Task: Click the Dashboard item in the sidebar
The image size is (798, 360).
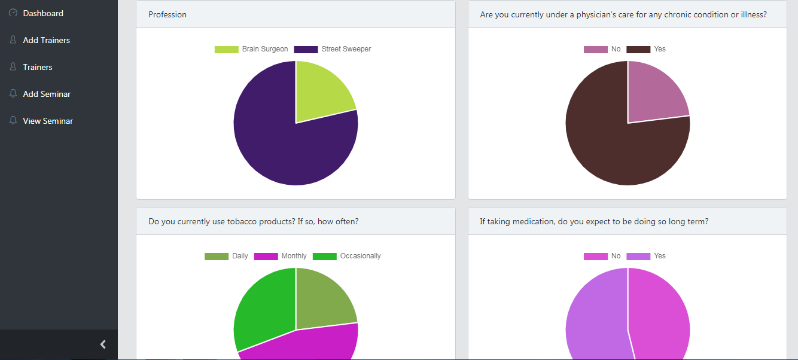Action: (x=42, y=13)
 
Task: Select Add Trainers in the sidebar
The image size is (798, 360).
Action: (x=46, y=40)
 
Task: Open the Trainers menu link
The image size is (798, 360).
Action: (x=37, y=67)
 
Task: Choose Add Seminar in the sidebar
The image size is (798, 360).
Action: (x=47, y=94)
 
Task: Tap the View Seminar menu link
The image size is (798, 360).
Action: (x=48, y=121)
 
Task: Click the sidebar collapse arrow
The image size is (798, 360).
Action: (x=103, y=344)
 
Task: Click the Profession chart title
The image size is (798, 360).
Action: (x=167, y=14)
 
